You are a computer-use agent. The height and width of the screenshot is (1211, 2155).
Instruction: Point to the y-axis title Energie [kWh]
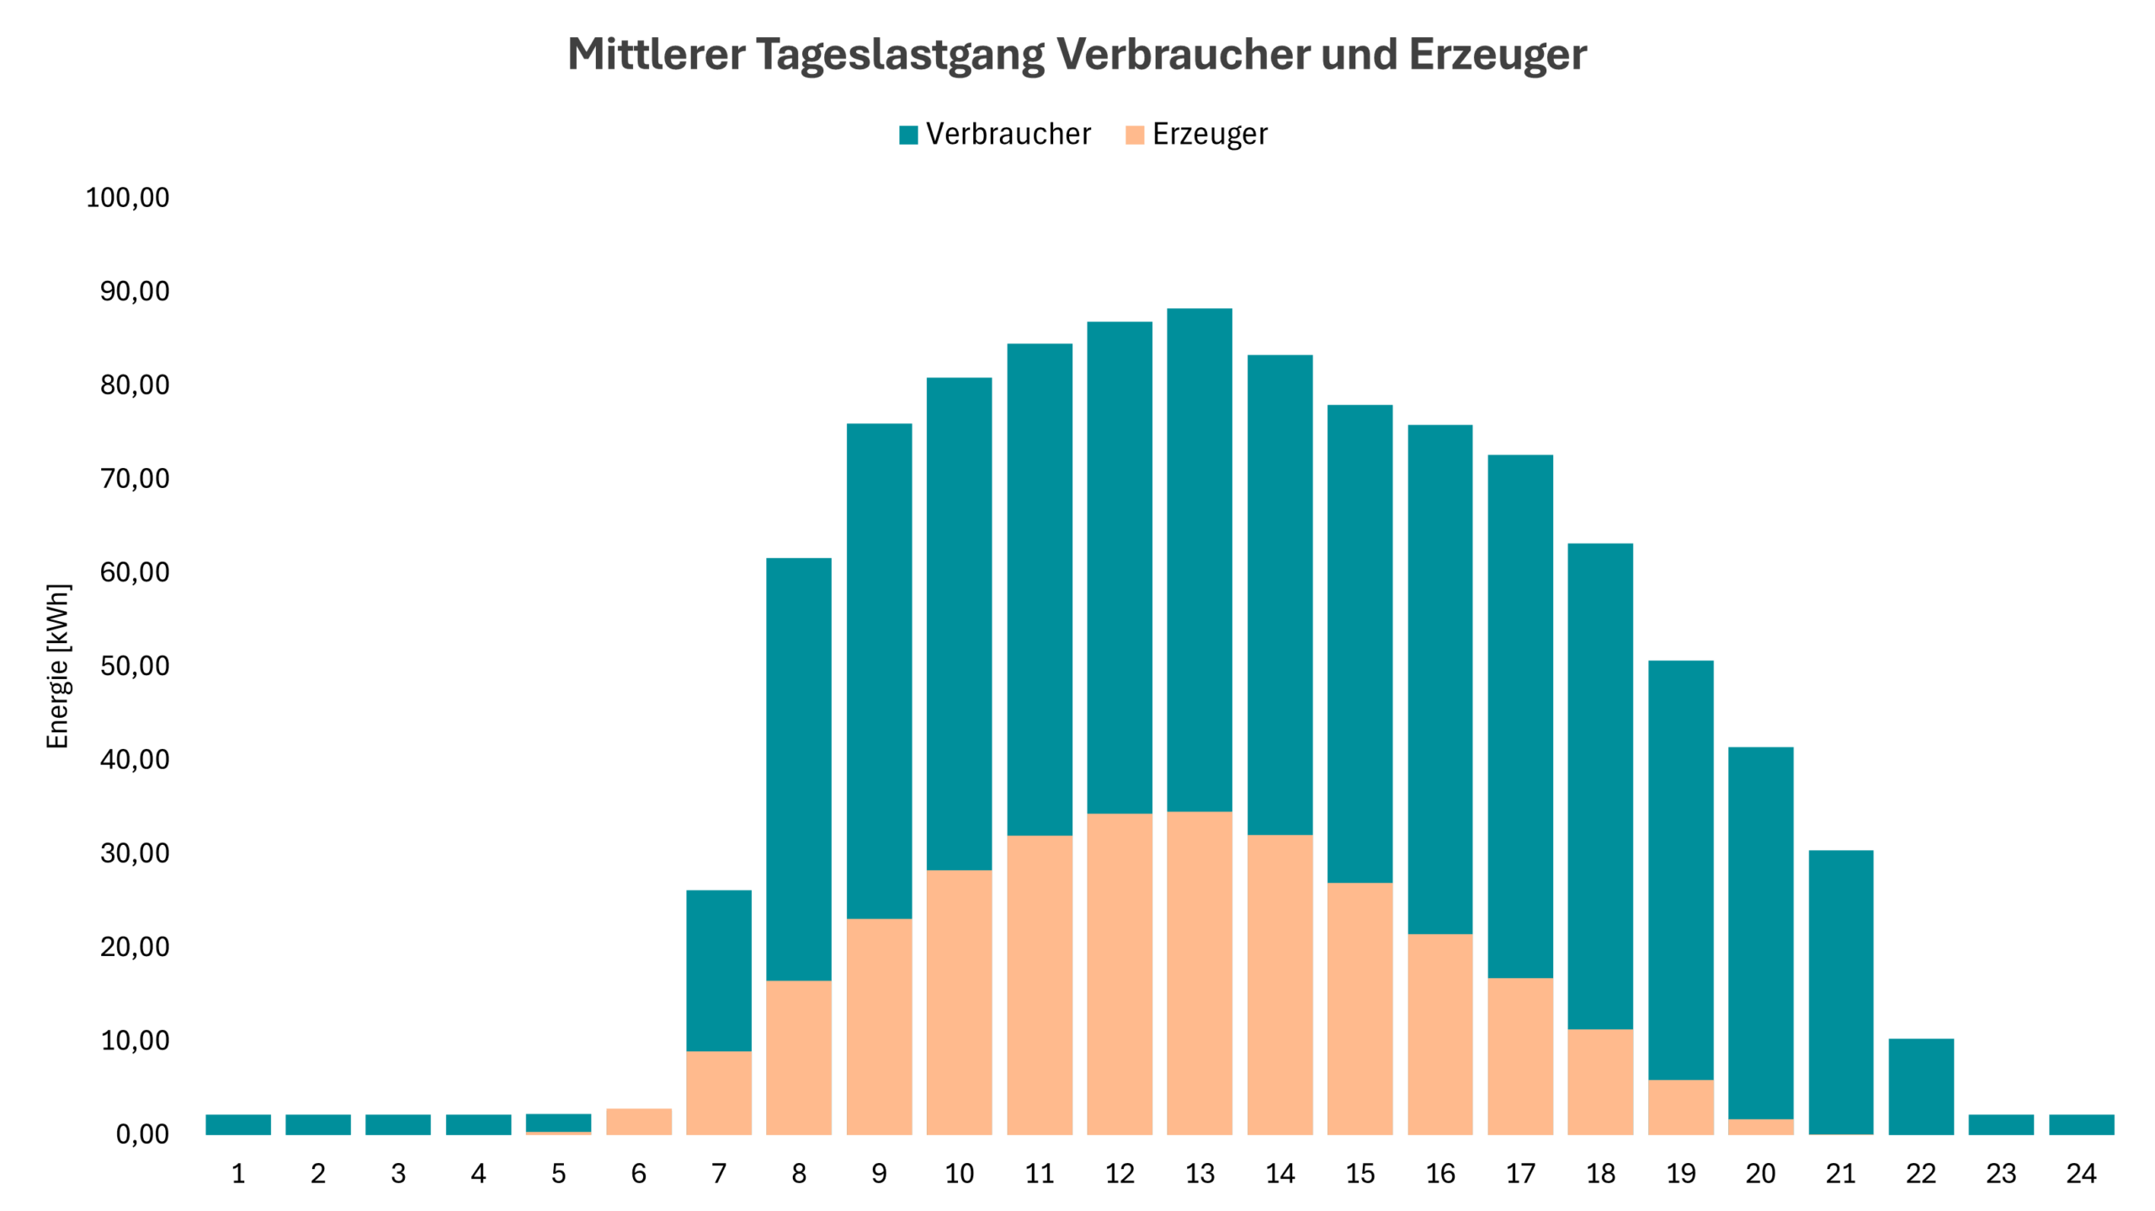tap(57, 666)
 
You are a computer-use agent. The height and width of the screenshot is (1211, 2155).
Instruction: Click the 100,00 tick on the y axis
tap(127, 198)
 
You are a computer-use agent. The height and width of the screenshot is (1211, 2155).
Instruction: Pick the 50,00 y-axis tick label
tap(134, 666)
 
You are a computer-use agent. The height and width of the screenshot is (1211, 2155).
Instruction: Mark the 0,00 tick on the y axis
tap(141, 1134)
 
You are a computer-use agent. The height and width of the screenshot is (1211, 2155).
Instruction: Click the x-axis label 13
tap(1200, 1173)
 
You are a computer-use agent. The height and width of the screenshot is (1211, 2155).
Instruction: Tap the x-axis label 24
tap(2081, 1173)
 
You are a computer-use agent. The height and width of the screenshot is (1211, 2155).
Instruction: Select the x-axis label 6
tap(638, 1173)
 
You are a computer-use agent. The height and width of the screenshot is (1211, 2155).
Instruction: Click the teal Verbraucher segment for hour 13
tap(1200, 560)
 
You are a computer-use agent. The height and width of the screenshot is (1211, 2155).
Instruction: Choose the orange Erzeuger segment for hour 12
tap(1120, 974)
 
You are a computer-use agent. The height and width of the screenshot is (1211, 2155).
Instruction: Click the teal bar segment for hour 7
tap(719, 970)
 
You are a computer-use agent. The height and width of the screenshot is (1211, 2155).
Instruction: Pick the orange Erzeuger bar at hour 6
tap(638, 1122)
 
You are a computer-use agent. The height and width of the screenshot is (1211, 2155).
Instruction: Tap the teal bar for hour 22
tap(1921, 1086)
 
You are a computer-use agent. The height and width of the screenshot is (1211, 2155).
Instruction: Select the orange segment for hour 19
tap(1680, 1107)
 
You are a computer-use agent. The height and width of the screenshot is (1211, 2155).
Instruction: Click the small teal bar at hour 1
tap(238, 1124)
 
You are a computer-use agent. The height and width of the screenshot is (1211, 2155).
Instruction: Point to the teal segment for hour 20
tap(1760, 932)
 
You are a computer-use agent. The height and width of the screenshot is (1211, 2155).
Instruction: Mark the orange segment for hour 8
tap(799, 1057)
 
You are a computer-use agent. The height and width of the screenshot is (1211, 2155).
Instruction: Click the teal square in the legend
tap(908, 135)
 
